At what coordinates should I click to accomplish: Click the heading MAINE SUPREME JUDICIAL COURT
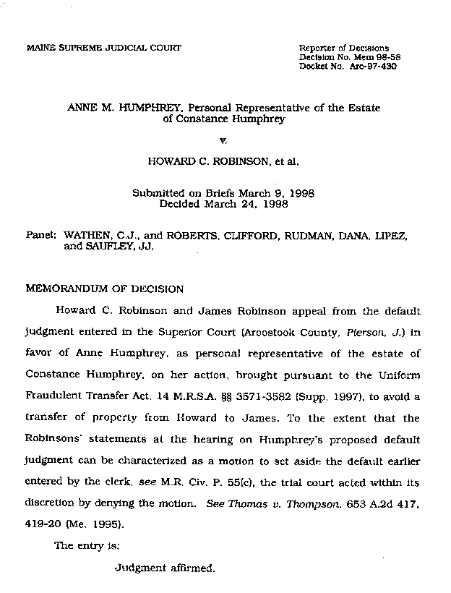pos(103,48)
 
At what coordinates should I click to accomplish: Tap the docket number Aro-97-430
pos(373,66)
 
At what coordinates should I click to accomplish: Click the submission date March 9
pos(260,194)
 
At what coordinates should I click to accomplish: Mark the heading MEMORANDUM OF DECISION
pos(104,289)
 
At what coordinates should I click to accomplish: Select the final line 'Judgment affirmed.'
pos(165,568)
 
